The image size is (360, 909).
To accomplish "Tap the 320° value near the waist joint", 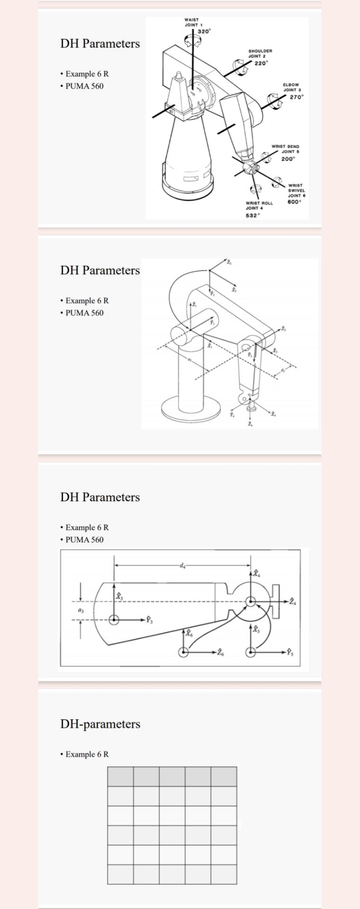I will tap(204, 31).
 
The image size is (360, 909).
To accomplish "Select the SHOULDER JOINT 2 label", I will tap(260, 53).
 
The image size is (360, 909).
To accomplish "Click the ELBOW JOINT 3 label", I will tap(290, 87).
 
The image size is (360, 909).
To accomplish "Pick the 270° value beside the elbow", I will tap(297, 97).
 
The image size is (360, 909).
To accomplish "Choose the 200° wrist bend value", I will tap(288, 159).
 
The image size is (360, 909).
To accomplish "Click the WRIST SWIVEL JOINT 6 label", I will tap(297, 190).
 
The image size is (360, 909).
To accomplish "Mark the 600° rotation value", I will tap(294, 202).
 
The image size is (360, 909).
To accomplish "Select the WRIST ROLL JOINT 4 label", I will tap(259, 205).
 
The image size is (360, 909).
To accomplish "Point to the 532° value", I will tap(252, 215).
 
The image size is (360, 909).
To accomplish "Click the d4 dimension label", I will tap(182, 565).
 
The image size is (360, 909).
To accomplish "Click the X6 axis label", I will tap(189, 633).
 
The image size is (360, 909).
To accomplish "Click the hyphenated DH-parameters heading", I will tap(100, 724).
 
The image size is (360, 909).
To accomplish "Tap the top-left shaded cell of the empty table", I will tap(120, 777).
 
